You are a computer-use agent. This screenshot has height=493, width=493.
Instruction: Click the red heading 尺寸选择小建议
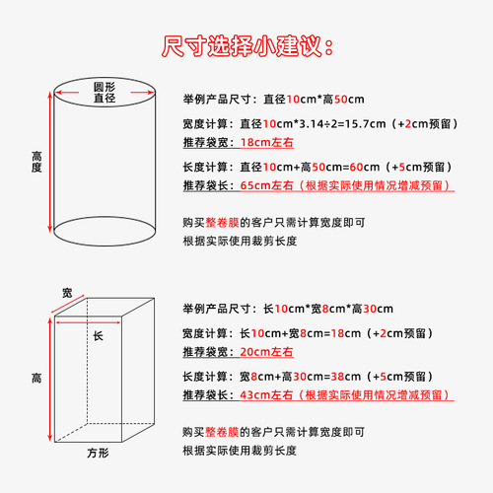(246, 45)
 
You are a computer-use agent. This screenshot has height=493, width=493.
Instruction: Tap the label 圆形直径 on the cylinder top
(106, 92)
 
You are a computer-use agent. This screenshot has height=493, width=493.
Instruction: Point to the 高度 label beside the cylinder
(36, 162)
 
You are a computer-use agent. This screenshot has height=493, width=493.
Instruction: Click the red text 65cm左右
(270, 185)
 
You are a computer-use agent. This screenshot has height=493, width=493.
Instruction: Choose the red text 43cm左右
(270, 394)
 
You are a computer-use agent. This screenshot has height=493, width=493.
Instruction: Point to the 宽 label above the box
(67, 293)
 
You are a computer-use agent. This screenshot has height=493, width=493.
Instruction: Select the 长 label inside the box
(98, 336)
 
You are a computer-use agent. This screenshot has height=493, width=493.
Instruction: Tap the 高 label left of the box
(36, 378)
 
